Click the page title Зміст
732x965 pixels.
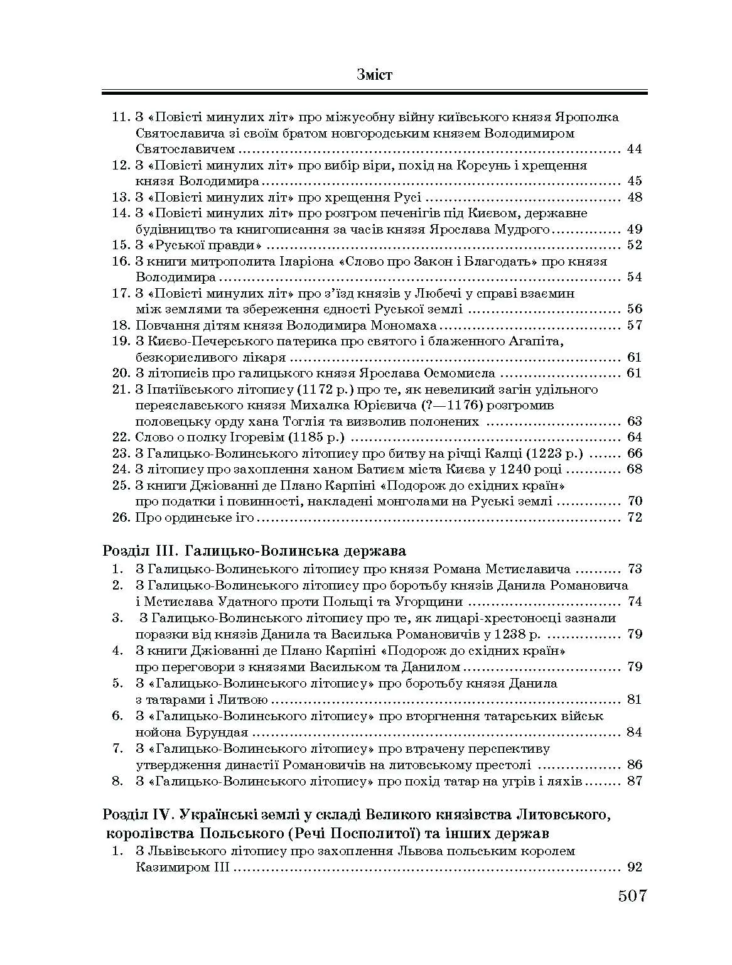pos(374,75)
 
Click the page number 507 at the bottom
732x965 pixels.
pos(632,895)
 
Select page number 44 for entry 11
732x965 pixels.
pos(634,149)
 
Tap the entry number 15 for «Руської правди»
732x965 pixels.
pos(121,245)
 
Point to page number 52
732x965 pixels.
pos(634,245)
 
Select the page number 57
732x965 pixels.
pos(634,325)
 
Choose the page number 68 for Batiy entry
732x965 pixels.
pos(634,469)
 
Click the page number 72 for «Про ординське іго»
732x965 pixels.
pos(634,517)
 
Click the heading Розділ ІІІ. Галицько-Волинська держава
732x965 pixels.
pos(254,551)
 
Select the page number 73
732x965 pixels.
pos(634,569)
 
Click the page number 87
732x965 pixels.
pos(634,782)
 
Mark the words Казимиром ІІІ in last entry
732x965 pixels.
pos(183,868)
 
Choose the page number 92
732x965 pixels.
pos(634,868)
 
